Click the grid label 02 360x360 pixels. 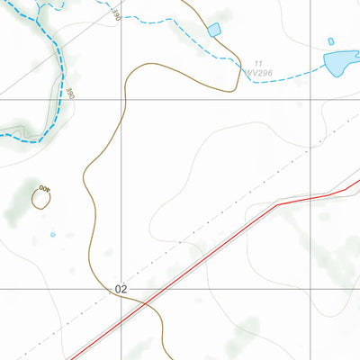121,289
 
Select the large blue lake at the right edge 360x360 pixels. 339,62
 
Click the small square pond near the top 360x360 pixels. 214,31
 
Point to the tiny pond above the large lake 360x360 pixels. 331,41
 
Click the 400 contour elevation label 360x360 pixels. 43,188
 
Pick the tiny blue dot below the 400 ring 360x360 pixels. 52,235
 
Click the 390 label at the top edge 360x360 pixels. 116,13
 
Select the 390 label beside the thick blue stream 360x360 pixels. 70,93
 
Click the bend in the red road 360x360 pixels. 277,204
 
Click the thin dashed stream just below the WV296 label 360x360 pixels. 261,81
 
